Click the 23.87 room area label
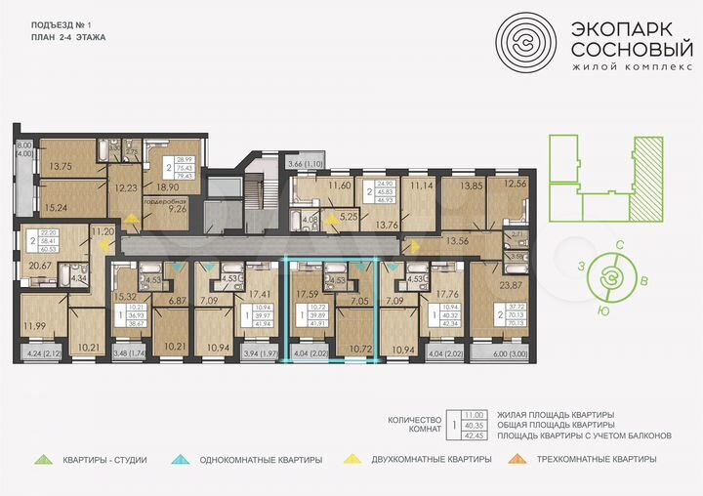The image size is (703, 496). pos(513,287)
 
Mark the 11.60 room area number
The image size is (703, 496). pos(340,185)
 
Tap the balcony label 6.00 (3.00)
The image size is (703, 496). pos(499,355)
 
